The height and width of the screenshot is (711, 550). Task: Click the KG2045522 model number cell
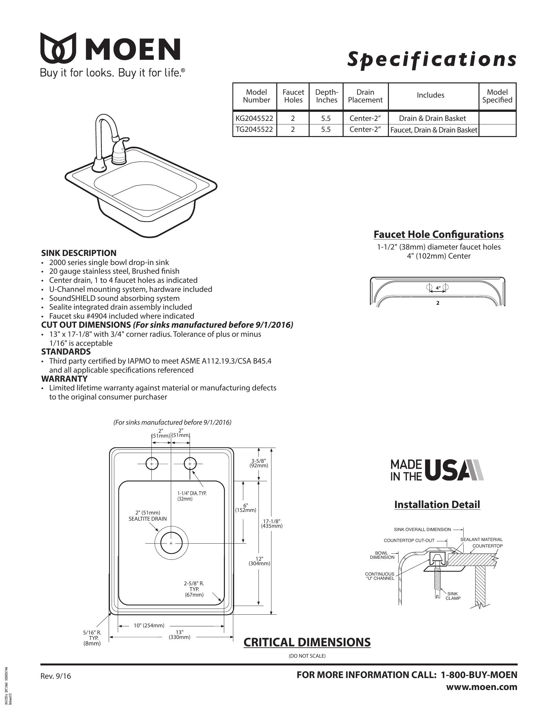254,118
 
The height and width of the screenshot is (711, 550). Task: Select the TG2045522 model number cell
254,130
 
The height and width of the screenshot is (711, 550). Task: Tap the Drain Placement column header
365,96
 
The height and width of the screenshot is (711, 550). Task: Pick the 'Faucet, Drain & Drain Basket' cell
433,130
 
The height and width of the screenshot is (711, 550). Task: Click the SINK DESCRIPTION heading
79,253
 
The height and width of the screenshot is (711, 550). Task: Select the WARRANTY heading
64,379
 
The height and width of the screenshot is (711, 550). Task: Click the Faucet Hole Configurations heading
438,234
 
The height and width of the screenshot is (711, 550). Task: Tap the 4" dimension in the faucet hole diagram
438,288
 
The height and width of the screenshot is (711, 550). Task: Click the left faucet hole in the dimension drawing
152,463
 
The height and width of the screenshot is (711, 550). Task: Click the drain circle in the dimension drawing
171,543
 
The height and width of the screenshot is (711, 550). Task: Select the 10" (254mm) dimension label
149,625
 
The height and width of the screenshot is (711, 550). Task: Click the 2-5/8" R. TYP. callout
194,589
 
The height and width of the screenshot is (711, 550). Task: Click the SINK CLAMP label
453,596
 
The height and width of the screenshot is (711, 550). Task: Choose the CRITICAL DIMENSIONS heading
307,642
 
